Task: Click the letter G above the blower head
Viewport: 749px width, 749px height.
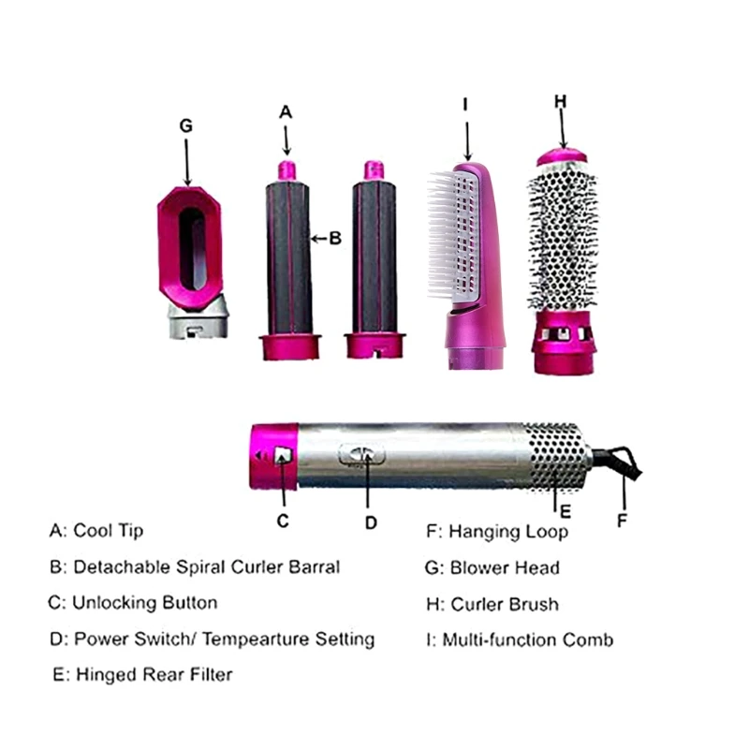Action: [186, 124]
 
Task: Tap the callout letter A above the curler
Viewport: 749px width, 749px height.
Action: [286, 111]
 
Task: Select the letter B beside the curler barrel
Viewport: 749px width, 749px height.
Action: [335, 239]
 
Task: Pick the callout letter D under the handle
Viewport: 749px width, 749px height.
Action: [371, 522]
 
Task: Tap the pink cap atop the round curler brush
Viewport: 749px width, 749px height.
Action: [563, 156]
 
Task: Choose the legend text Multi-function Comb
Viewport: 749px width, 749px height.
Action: [528, 640]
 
